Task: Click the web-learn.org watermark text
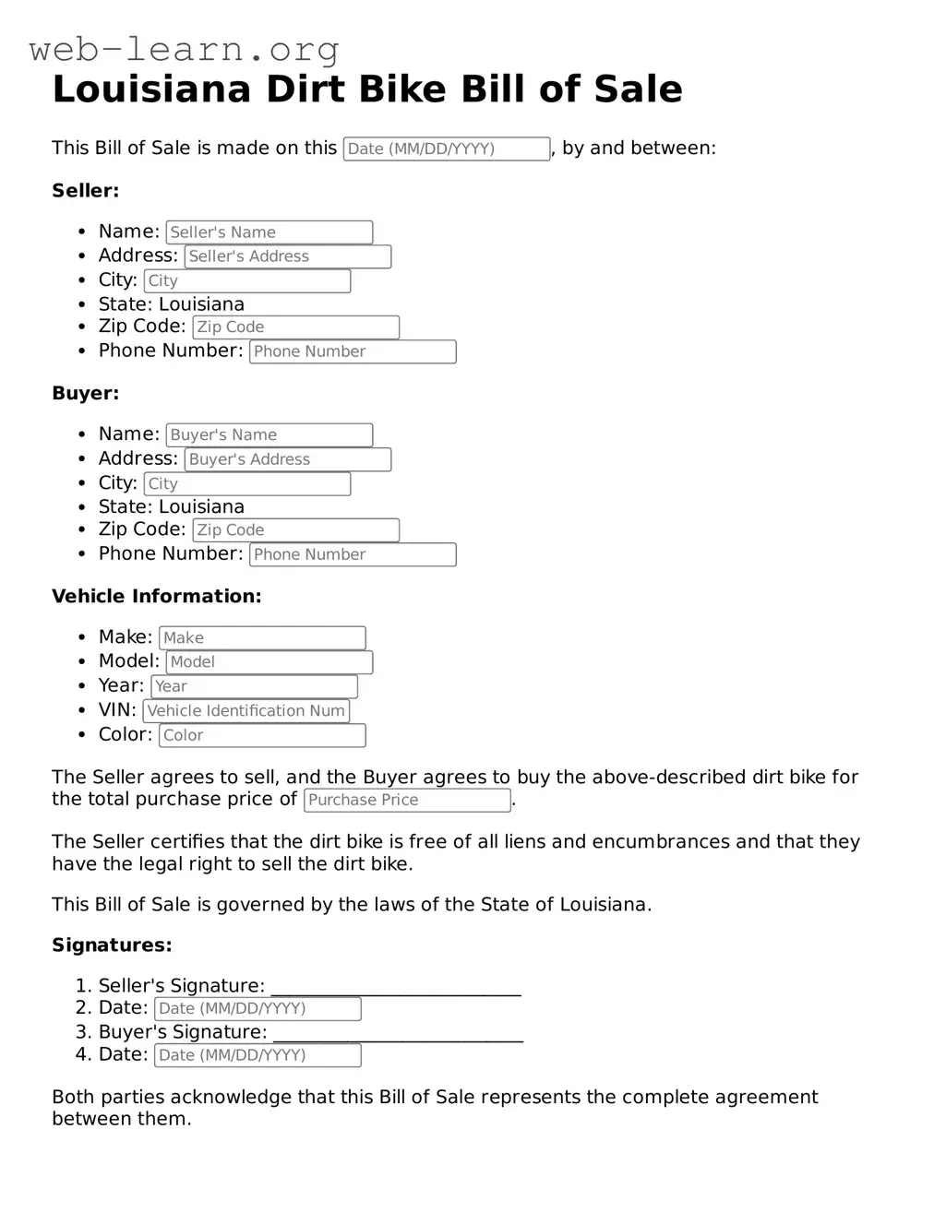(x=185, y=49)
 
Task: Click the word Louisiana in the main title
(x=151, y=89)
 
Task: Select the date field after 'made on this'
(x=447, y=149)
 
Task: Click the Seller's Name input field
(x=269, y=232)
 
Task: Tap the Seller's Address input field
(x=288, y=256)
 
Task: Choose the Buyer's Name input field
(x=269, y=434)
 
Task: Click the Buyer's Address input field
(x=288, y=459)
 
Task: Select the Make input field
(x=262, y=637)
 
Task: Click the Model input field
(x=269, y=662)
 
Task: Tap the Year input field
(x=254, y=686)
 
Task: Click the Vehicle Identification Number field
(x=246, y=711)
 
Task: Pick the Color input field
(x=262, y=735)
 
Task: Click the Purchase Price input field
(x=407, y=800)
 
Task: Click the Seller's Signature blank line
(x=396, y=988)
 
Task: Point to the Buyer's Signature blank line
(x=398, y=1034)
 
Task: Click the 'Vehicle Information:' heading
(x=157, y=597)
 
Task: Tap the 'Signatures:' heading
(x=112, y=945)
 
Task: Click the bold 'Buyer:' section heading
(x=86, y=394)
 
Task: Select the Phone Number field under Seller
(x=353, y=351)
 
